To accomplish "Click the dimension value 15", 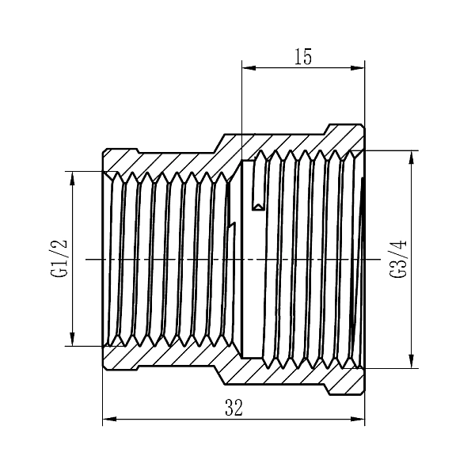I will click(303, 57).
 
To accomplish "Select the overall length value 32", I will click(234, 408).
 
